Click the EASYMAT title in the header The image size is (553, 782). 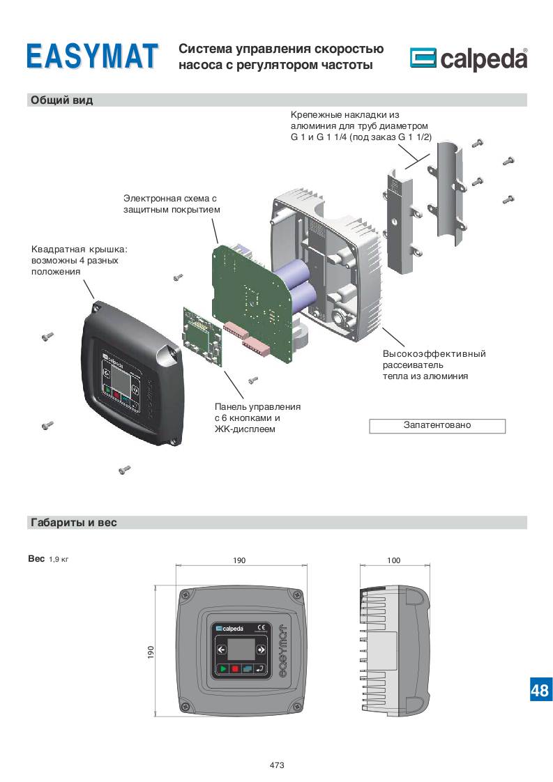(x=92, y=56)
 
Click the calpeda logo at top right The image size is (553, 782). (x=468, y=59)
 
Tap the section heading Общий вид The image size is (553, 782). (x=62, y=100)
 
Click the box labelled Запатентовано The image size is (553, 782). (x=437, y=425)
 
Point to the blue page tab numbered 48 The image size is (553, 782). (x=540, y=690)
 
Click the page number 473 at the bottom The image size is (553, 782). (x=277, y=765)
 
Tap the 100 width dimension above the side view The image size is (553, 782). (x=393, y=560)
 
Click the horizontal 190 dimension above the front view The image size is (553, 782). (x=239, y=560)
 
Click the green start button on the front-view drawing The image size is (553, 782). (x=222, y=668)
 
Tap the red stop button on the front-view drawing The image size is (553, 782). (x=235, y=668)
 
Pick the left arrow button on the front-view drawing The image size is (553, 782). (x=222, y=650)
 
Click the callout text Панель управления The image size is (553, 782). (x=257, y=406)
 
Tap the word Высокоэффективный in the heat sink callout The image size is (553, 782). (x=434, y=353)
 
